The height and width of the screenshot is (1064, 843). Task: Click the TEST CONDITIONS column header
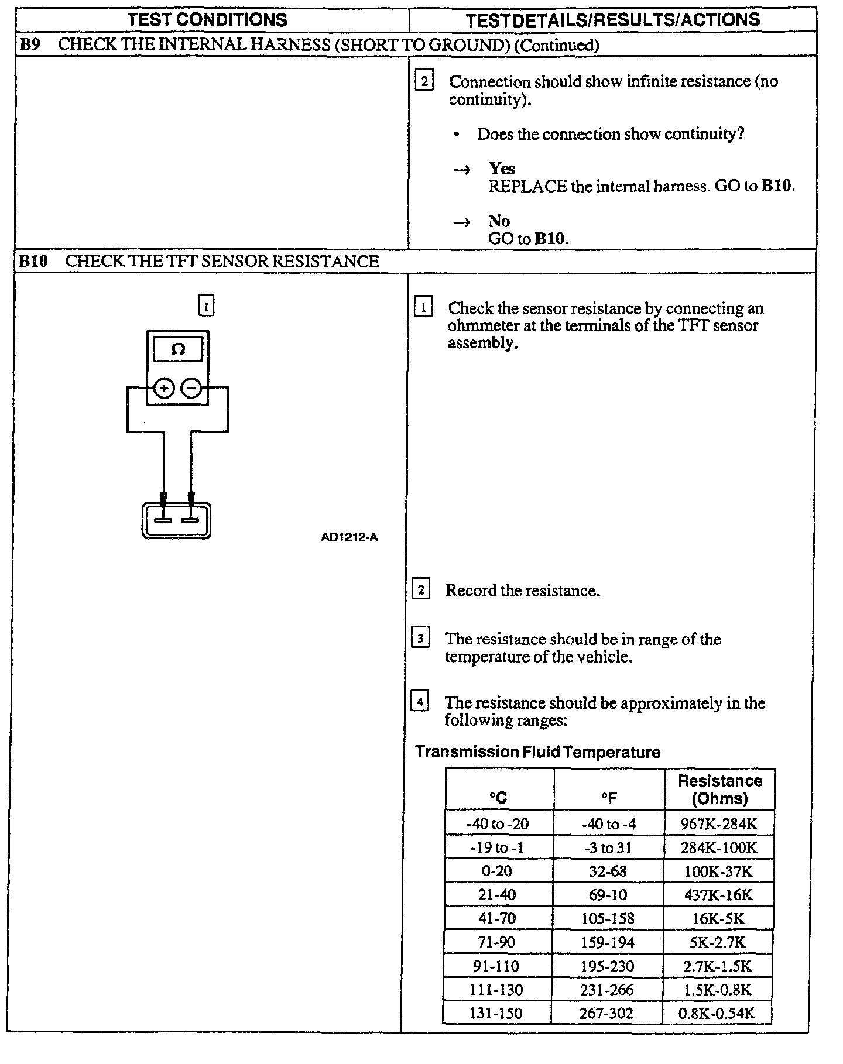207,20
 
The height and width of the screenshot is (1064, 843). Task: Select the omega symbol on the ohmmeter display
178,349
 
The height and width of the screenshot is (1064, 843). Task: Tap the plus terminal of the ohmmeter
165,388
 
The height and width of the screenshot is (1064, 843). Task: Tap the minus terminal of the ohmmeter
191,388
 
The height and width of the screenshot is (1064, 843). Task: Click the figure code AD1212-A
349,537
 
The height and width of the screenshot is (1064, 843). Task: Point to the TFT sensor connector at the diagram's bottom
176,520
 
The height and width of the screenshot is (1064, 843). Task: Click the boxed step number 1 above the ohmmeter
207,305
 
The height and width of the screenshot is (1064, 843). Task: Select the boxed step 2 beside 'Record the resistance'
421,589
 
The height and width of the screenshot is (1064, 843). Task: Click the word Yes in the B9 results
502,169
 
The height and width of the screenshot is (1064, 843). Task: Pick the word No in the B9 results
499,221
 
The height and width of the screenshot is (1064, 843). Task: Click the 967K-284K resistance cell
719,824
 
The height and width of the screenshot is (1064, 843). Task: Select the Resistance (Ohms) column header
719,790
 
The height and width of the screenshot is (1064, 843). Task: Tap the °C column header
498,797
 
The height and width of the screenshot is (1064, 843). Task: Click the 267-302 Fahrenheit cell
606,1014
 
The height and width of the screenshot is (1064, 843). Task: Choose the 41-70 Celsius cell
497,918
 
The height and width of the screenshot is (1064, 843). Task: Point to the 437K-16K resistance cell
719,895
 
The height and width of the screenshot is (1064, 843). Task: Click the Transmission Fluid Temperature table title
537,752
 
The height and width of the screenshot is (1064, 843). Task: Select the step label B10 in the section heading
33,261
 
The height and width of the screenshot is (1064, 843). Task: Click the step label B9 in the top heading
29,44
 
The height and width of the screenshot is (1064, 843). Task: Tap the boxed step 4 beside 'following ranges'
420,701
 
